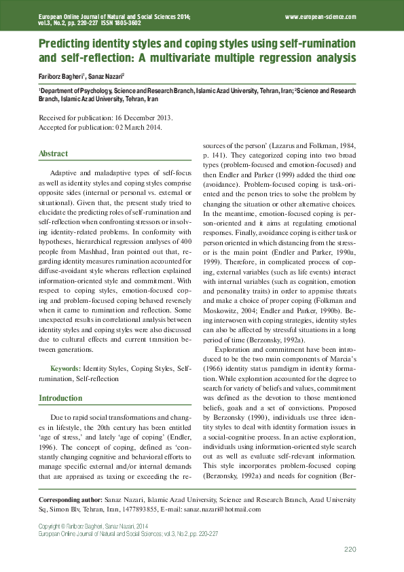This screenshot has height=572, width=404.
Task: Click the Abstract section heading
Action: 53,154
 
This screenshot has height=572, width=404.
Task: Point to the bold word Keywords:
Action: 65,368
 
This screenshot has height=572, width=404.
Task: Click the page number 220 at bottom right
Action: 350,549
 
